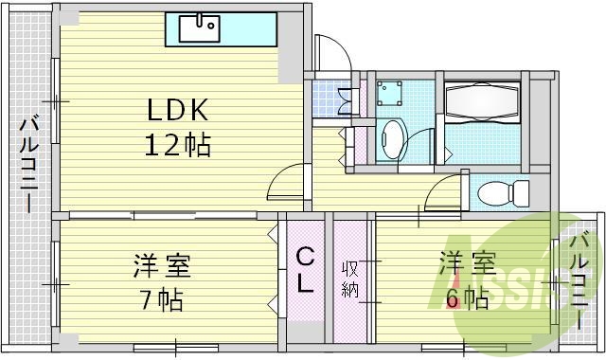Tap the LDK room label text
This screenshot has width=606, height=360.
click(x=177, y=110)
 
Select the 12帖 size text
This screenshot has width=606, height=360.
click(x=177, y=145)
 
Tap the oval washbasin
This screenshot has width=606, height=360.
click(x=393, y=140)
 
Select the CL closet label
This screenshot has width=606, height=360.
click(x=306, y=270)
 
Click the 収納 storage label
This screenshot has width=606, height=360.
click(x=350, y=276)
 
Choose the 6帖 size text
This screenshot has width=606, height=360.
click(x=465, y=299)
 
